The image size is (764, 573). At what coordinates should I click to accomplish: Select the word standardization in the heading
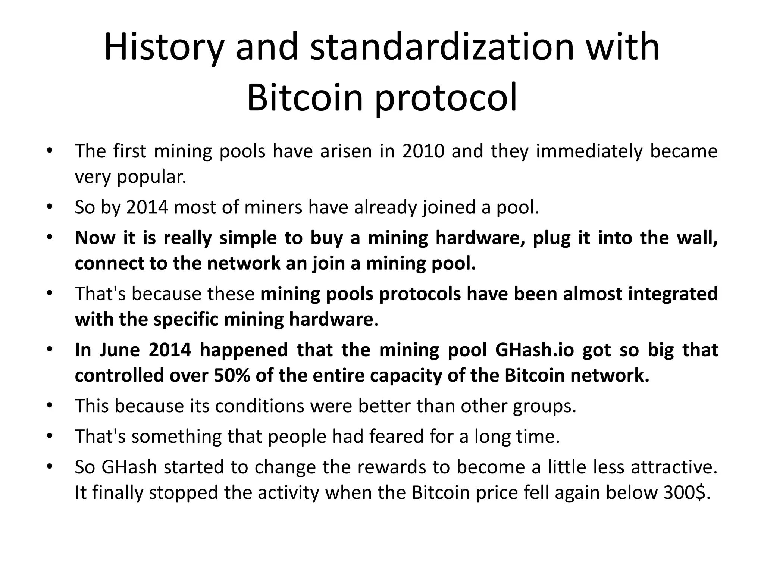[442, 47]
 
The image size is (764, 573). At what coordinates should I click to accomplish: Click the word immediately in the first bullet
[588, 151]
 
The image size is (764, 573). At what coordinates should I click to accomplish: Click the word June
[119, 350]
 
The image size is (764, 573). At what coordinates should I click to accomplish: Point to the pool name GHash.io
[535, 350]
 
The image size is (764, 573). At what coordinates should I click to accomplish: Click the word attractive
[674, 467]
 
